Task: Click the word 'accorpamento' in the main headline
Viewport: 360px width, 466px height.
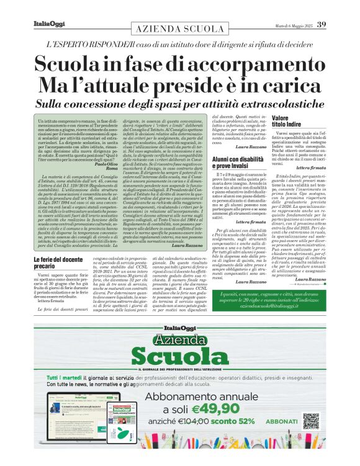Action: click(x=260, y=65)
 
